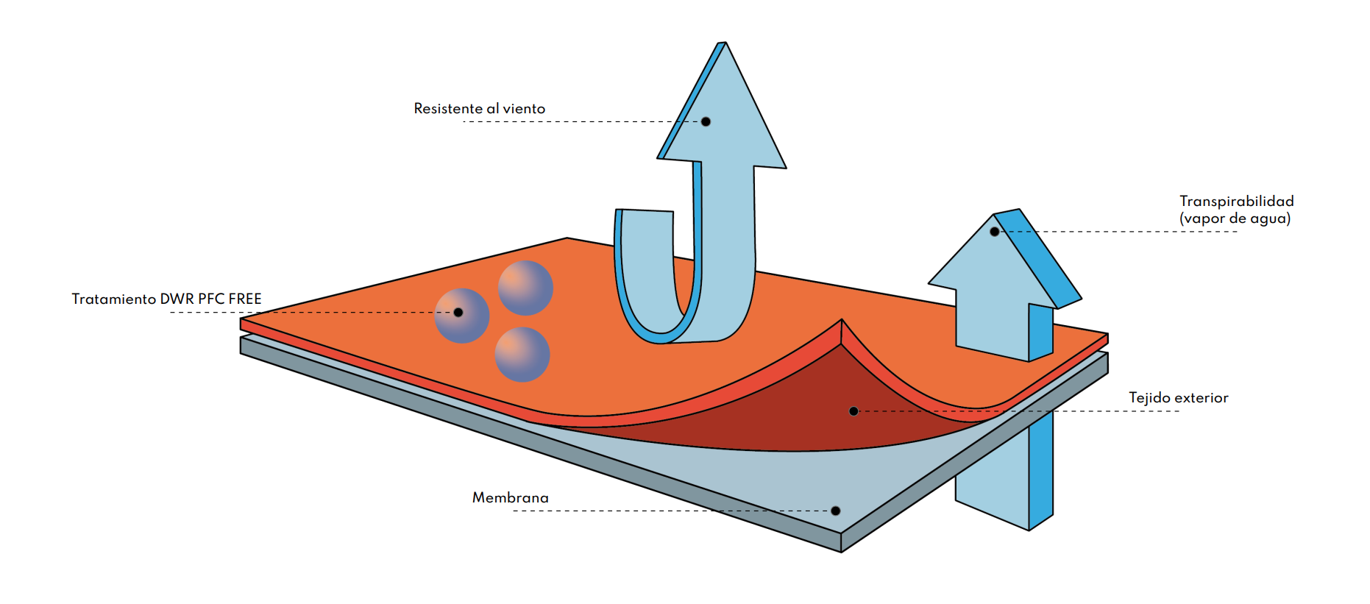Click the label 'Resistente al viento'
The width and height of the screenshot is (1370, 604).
479,109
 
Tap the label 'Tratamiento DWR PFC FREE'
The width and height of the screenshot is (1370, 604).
166,299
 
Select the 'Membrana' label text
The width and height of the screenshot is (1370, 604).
510,498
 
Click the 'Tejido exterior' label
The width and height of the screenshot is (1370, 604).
1178,398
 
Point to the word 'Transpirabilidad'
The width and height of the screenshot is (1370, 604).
1236,201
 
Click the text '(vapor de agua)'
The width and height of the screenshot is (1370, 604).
1235,218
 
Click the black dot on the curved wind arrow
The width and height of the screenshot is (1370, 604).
706,121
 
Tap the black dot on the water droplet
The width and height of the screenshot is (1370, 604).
458,313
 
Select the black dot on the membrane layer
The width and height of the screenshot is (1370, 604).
835,511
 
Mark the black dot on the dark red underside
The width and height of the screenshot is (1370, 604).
853,411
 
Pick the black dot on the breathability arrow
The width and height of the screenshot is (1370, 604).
995,232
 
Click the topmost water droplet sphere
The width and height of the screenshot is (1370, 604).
525,288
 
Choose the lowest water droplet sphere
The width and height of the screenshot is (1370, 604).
522,355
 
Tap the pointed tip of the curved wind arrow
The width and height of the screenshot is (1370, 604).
724,44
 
